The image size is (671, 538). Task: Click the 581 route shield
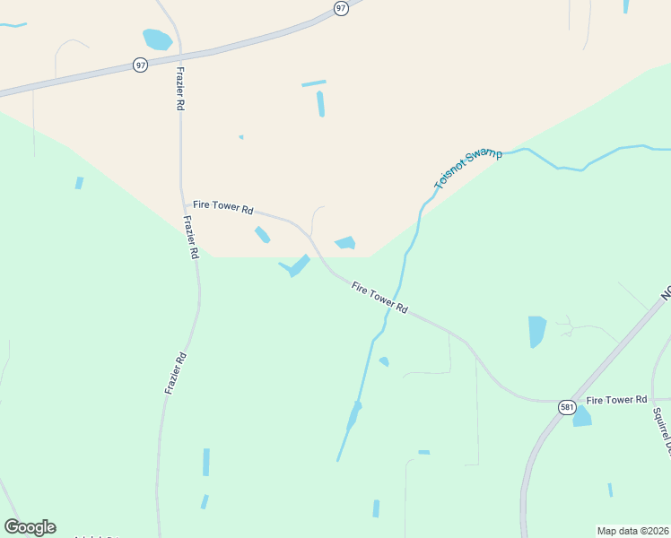click(566, 406)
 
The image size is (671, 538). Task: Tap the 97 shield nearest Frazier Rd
click(140, 65)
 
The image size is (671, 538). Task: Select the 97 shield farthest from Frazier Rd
click(340, 8)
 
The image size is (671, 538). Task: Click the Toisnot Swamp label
click(468, 169)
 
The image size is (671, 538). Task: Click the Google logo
click(30, 526)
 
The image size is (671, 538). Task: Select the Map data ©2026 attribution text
click(632, 531)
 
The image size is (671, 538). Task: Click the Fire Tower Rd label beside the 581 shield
click(615, 399)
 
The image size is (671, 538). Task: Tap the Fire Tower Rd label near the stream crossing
click(379, 298)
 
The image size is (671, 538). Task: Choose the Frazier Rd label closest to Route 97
click(180, 86)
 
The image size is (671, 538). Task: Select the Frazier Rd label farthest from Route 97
click(176, 373)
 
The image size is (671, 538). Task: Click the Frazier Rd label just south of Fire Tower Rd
click(189, 238)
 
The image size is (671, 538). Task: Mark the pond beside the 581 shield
click(582, 416)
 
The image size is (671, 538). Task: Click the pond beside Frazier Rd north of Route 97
click(157, 39)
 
